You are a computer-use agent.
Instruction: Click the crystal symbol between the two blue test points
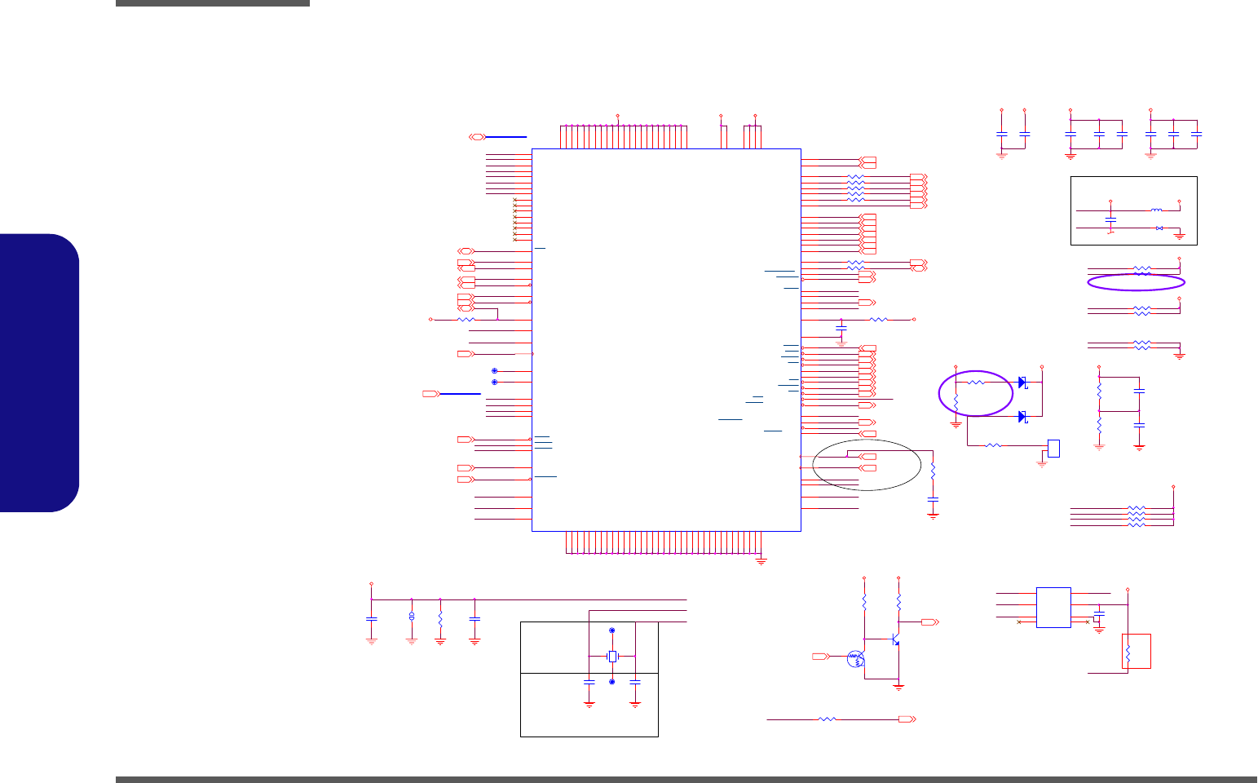click(612, 657)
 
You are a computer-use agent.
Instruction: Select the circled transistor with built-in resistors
click(854, 659)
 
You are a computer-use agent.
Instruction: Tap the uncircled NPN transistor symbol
click(895, 640)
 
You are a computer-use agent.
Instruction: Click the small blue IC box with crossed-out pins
click(1053, 608)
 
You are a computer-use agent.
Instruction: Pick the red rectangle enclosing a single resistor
click(1137, 651)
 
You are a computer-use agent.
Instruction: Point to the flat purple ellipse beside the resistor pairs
click(1137, 282)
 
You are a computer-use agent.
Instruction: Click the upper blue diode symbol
click(1022, 383)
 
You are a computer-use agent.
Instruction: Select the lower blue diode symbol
click(1022, 417)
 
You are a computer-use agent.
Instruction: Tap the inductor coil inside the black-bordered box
click(1157, 210)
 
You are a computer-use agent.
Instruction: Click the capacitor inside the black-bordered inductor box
click(1110, 219)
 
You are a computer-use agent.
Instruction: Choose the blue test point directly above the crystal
click(612, 631)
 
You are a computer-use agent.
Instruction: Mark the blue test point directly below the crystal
click(612, 681)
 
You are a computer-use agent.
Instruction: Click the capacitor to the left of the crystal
click(589, 681)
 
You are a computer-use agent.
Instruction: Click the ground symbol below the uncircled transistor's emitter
click(898, 687)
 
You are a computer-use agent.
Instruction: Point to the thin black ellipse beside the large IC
click(867, 465)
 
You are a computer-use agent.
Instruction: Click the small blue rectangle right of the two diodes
click(1053, 448)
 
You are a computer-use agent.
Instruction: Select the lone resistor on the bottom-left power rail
click(440, 620)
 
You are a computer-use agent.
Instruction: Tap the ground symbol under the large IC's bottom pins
click(761, 562)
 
